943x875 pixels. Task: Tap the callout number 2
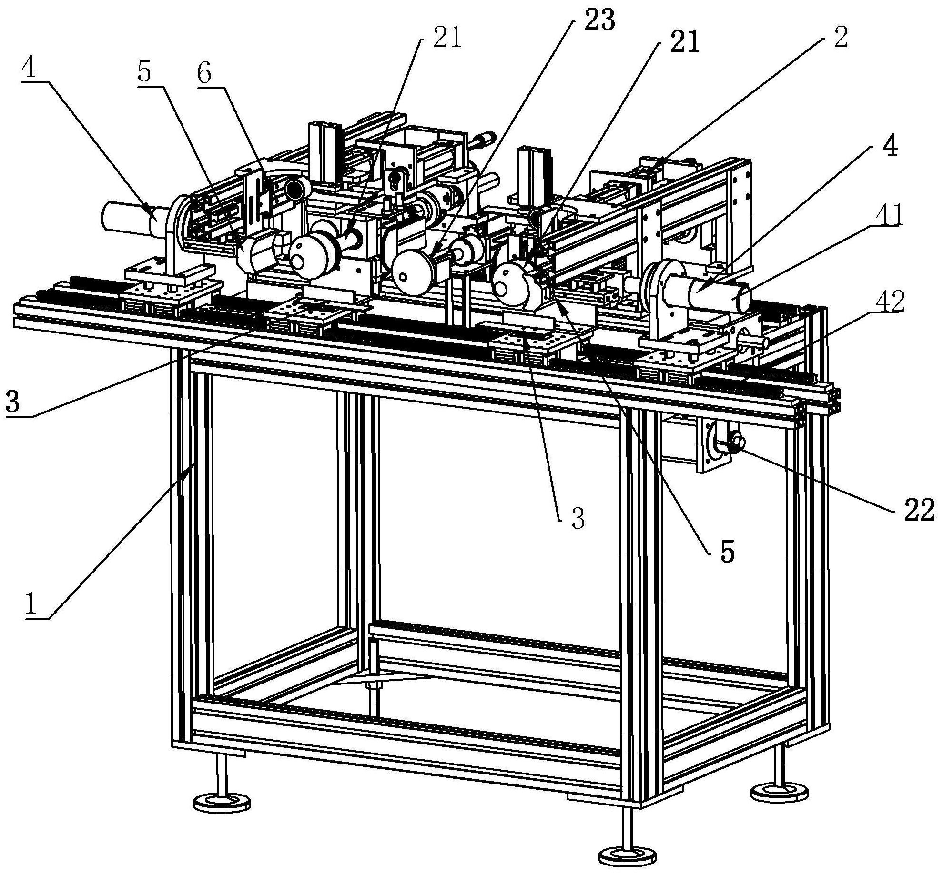click(x=840, y=37)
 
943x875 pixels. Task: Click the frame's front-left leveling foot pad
click(x=222, y=801)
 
